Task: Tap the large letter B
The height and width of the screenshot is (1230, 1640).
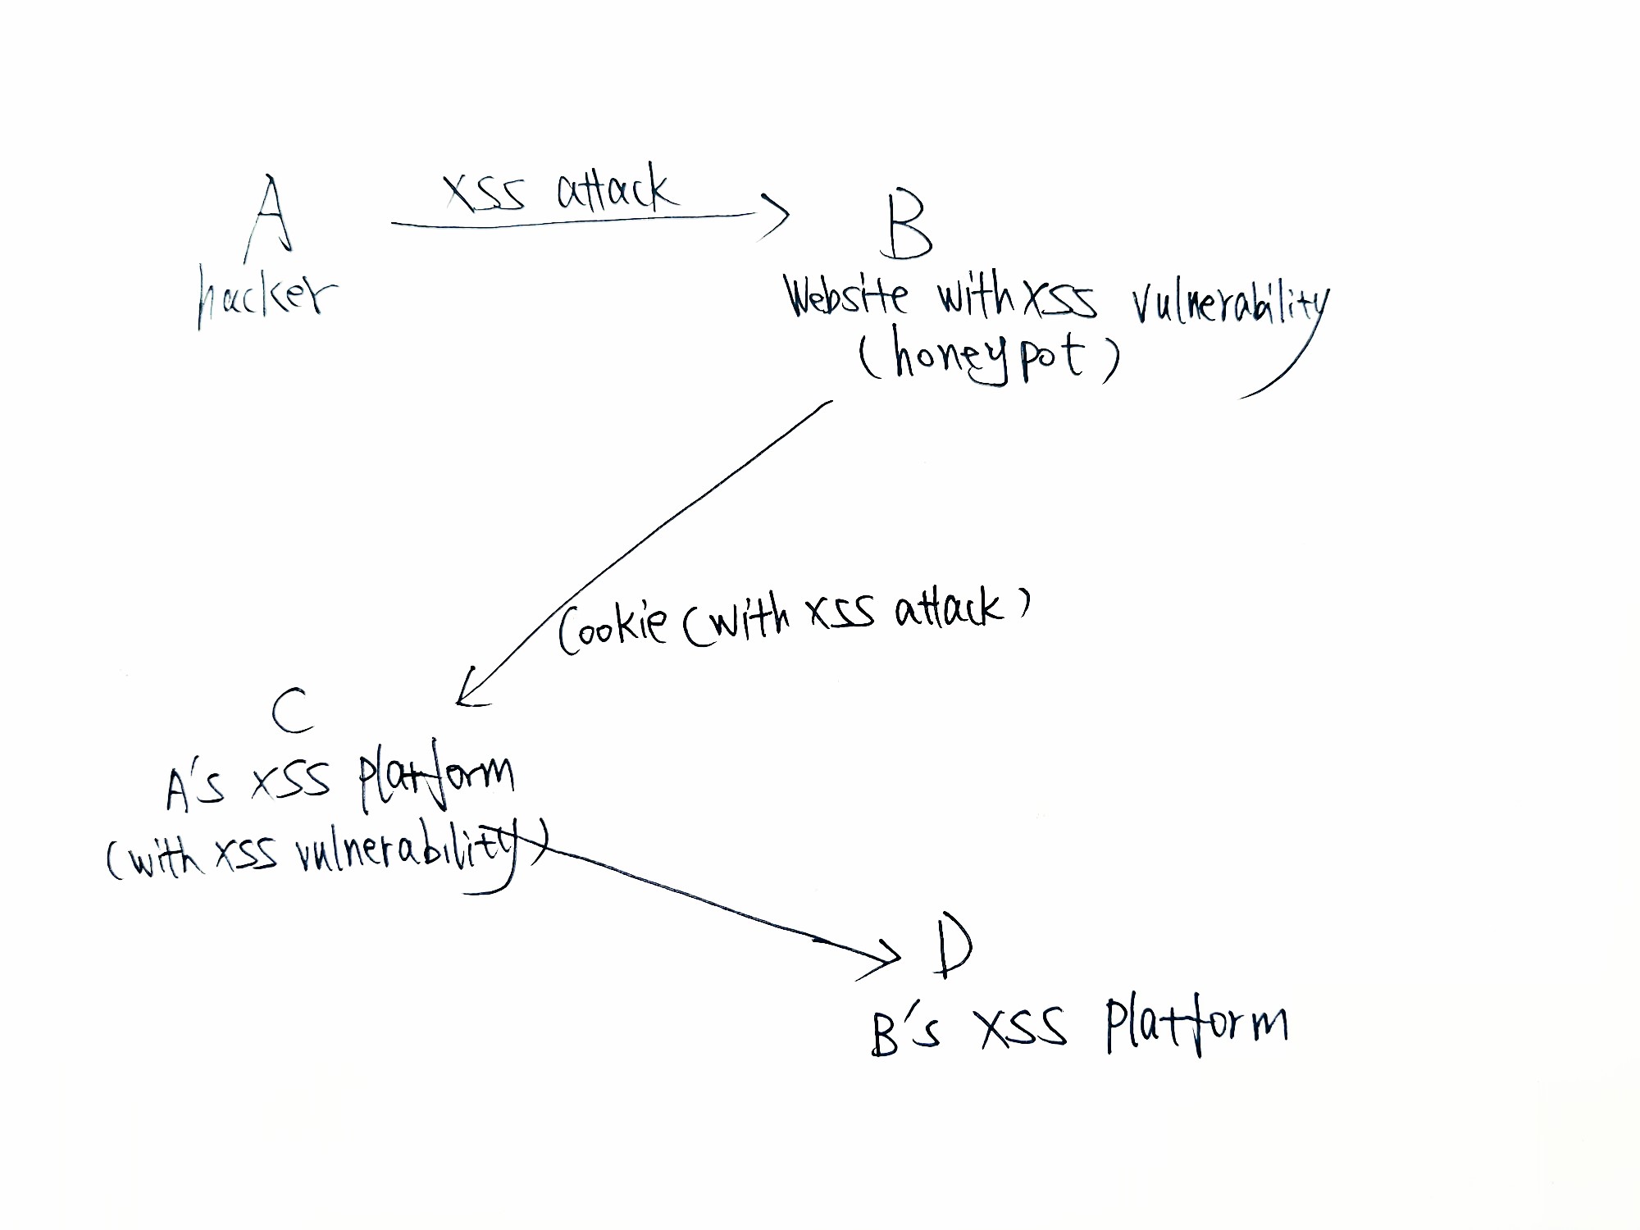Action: pos(908,225)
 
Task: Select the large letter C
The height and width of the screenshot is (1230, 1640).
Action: pos(292,710)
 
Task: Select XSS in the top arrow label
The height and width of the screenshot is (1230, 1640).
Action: pos(484,194)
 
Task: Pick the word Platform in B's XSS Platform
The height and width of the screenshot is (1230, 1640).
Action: pos(1196,1025)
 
